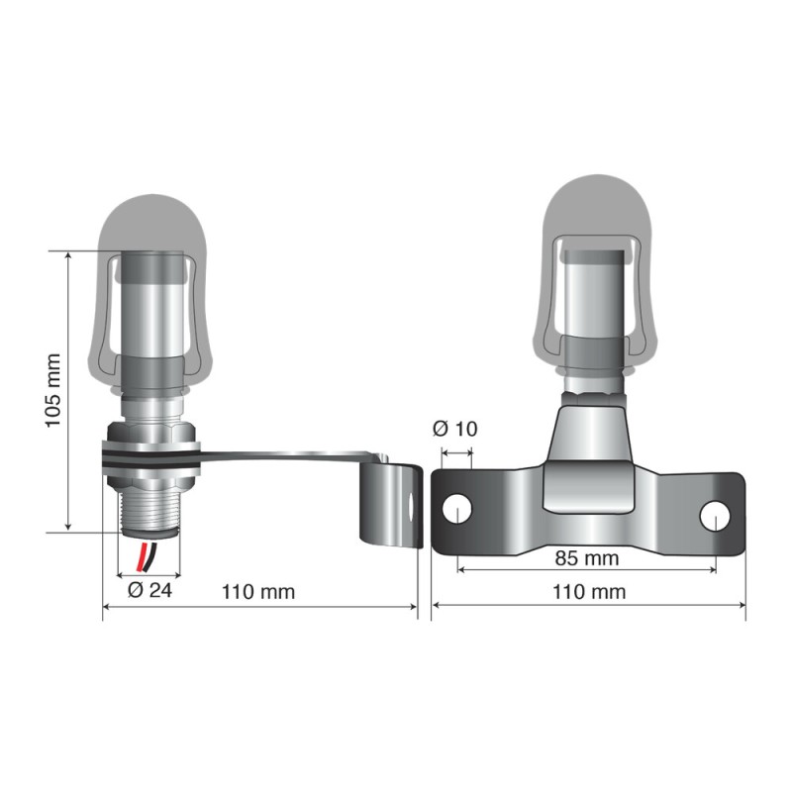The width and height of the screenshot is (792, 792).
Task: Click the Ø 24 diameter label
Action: coord(150,592)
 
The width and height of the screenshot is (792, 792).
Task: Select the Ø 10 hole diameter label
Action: coord(455,429)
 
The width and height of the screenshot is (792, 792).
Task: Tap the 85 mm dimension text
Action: coord(586,558)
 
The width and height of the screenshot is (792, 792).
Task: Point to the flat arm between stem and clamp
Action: coord(287,457)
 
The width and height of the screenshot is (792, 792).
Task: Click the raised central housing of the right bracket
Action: coord(590,465)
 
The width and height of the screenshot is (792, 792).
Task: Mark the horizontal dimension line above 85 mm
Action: coord(586,571)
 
